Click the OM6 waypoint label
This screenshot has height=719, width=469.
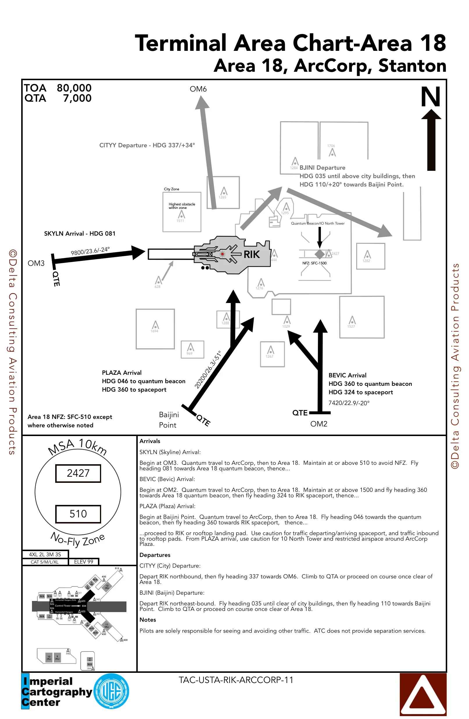pos(198,89)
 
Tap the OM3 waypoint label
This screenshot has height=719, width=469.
pos(36,263)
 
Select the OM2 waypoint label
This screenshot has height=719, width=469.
pos(318,424)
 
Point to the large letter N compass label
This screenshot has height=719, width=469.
pos(430,97)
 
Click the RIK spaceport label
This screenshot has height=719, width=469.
pos(251,255)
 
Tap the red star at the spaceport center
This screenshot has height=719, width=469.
pos(222,254)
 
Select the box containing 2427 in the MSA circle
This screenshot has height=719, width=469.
pos(78,473)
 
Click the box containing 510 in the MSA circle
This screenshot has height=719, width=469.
pos(78,514)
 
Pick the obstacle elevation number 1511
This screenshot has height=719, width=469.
pos(180,221)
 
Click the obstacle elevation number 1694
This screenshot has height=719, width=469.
pos(154,331)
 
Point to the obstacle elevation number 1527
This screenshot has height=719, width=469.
pos(351,327)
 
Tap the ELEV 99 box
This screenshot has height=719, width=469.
pos(83,562)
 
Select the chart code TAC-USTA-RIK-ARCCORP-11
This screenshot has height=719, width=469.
pos(236,680)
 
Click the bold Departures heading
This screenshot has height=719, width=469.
pos(155,555)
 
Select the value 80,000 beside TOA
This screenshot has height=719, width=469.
pos(74,88)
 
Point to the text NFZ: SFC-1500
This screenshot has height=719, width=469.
pos(314,263)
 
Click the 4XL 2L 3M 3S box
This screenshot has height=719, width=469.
pos(45,554)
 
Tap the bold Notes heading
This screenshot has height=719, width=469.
pos(148,620)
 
